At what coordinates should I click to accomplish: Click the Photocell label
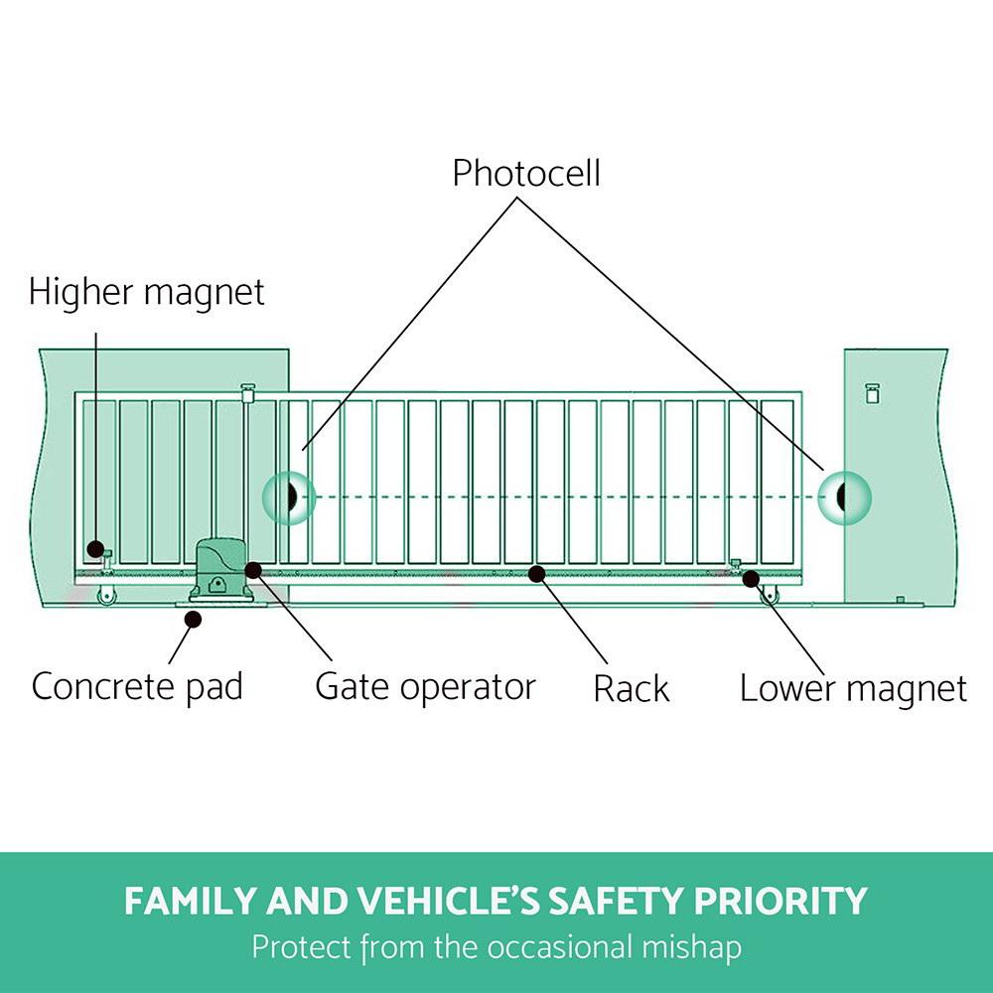pos(526,174)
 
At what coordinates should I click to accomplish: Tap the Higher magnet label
pos(147,293)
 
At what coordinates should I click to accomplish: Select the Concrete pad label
pos(137,686)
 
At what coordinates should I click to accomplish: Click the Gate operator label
pos(425,686)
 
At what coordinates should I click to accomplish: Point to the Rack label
pos(632,688)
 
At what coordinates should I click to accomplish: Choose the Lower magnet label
pos(853,688)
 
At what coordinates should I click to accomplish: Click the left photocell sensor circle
pos(288,496)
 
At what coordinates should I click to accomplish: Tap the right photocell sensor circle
pos(844,496)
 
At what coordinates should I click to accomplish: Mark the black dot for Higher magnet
pos(95,548)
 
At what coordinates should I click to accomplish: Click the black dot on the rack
pos(537,573)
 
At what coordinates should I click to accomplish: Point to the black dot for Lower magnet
pos(752,578)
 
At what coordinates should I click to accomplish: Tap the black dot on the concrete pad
pos(194,619)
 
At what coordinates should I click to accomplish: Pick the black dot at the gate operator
pos(254,570)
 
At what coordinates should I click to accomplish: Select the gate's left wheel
pos(103,596)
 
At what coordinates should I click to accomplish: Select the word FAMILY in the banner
pos(189,902)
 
